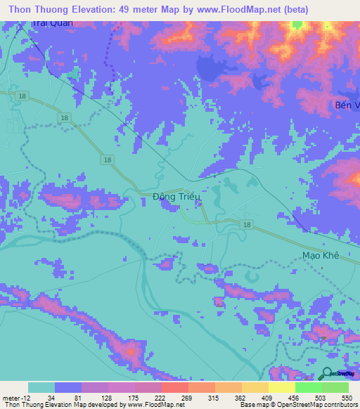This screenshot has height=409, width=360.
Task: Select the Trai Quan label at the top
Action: pos(52,23)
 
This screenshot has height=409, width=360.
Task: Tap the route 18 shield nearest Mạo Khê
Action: pos(246,224)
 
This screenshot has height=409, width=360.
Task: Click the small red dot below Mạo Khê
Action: pos(321,267)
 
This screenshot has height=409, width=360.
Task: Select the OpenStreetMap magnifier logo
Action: pos(328,373)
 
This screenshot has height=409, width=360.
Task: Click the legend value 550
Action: pos(346,398)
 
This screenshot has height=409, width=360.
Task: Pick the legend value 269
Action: pos(186,398)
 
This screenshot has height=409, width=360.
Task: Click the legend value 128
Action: pos(107,398)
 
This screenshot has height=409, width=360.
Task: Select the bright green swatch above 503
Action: pos(308,387)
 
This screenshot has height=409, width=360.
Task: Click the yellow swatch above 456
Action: pos(281,387)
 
